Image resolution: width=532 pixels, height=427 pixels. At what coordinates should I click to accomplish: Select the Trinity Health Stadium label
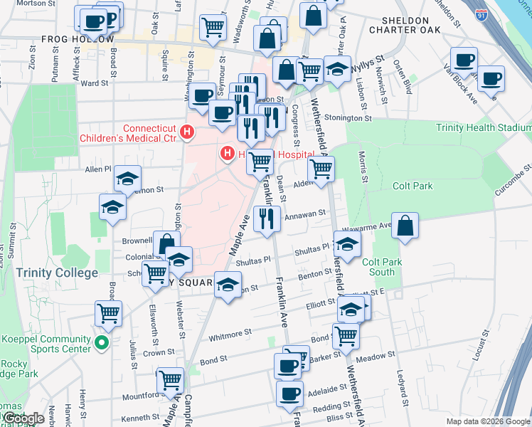click(x=483, y=128)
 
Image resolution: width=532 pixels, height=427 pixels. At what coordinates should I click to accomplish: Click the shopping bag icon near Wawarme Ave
click(x=404, y=226)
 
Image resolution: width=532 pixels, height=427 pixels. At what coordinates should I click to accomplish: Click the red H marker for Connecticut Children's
click(x=187, y=132)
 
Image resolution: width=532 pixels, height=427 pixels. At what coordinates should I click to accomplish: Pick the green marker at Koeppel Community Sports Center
click(x=101, y=344)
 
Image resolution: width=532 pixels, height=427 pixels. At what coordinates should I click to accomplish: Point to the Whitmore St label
click(x=229, y=332)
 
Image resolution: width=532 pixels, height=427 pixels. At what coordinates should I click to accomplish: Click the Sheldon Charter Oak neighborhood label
click(x=405, y=25)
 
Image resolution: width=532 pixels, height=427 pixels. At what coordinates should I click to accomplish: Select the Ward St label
click(x=94, y=83)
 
